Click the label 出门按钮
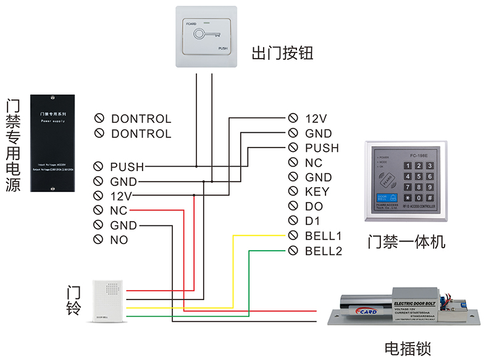(x=282, y=53)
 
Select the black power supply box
(x=53, y=143)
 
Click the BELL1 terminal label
(x=323, y=236)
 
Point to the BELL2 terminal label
(x=323, y=251)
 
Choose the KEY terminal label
(x=317, y=192)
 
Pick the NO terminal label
(x=119, y=240)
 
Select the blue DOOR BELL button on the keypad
(x=380, y=198)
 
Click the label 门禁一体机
(x=405, y=241)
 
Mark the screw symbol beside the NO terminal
(x=98, y=240)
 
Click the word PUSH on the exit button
(x=224, y=48)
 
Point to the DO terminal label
(x=314, y=206)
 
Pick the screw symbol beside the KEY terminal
(x=293, y=192)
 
